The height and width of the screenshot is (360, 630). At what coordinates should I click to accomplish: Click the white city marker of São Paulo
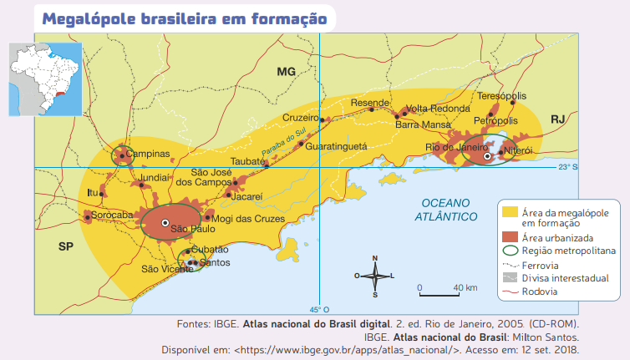coord(165,221)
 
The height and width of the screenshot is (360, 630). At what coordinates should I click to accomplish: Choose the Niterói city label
coord(518,151)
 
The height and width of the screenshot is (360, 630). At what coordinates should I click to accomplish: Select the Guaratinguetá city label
coord(336,145)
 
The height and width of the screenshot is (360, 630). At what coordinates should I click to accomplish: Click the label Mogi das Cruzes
coord(243,220)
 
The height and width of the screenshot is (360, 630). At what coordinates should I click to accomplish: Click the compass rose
coord(374,275)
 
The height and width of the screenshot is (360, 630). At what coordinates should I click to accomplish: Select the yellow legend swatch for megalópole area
coord(509,211)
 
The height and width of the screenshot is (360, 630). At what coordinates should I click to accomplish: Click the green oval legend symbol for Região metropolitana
coord(509,250)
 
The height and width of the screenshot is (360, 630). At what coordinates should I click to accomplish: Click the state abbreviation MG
coord(287,74)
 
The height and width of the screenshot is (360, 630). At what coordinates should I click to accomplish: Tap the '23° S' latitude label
coord(568,167)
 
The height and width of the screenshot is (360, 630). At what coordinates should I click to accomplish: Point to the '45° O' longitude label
coord(320,307)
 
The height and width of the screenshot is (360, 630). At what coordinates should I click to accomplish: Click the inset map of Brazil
coord(45,79)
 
